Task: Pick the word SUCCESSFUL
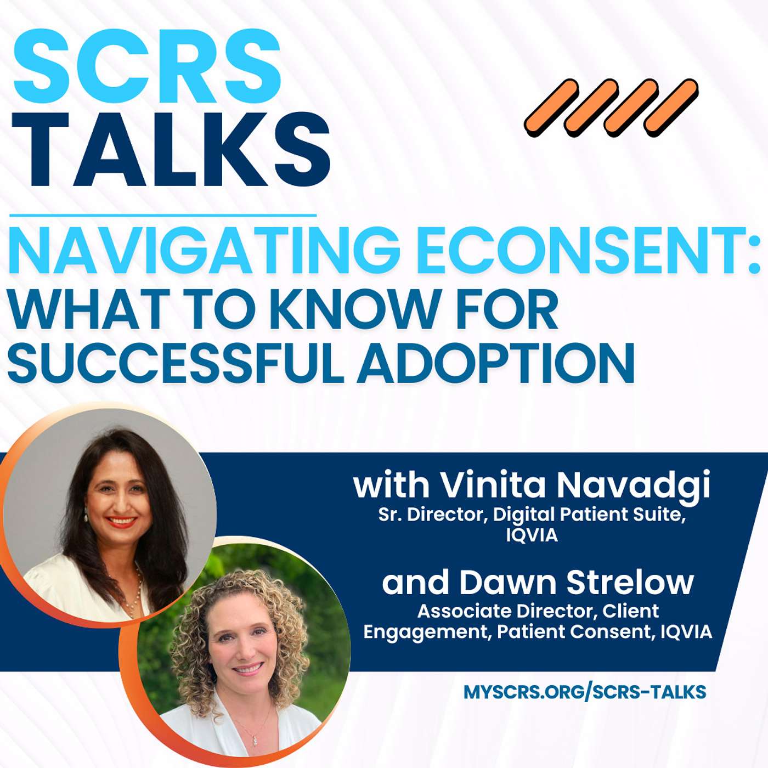pyautogui.click(x=176, y=363)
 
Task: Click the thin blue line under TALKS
pyautogui.click(x=162, y=216)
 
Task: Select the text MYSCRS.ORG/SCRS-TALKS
pyautogui.click(x=585, y=692)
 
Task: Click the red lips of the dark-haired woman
pyautogui.click(x=122, y=521)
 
